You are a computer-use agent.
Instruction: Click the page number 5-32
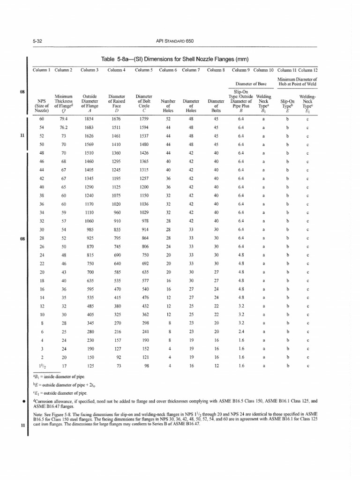pyautogui.click(x=36, y=41)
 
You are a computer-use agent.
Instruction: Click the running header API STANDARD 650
pyautogui.click(x=174, y=41)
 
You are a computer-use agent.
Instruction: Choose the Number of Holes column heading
pyautogui.click(x=167, y=105)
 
